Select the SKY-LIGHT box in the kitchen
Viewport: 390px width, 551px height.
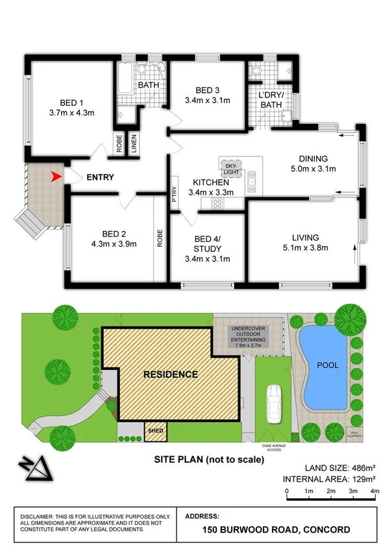(232, 169)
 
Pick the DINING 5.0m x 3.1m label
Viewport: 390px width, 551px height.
(313, 164)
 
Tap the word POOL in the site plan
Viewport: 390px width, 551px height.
(328, 365)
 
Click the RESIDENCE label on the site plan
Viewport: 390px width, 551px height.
(171, 374)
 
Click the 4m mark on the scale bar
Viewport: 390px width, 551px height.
(374, 491)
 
